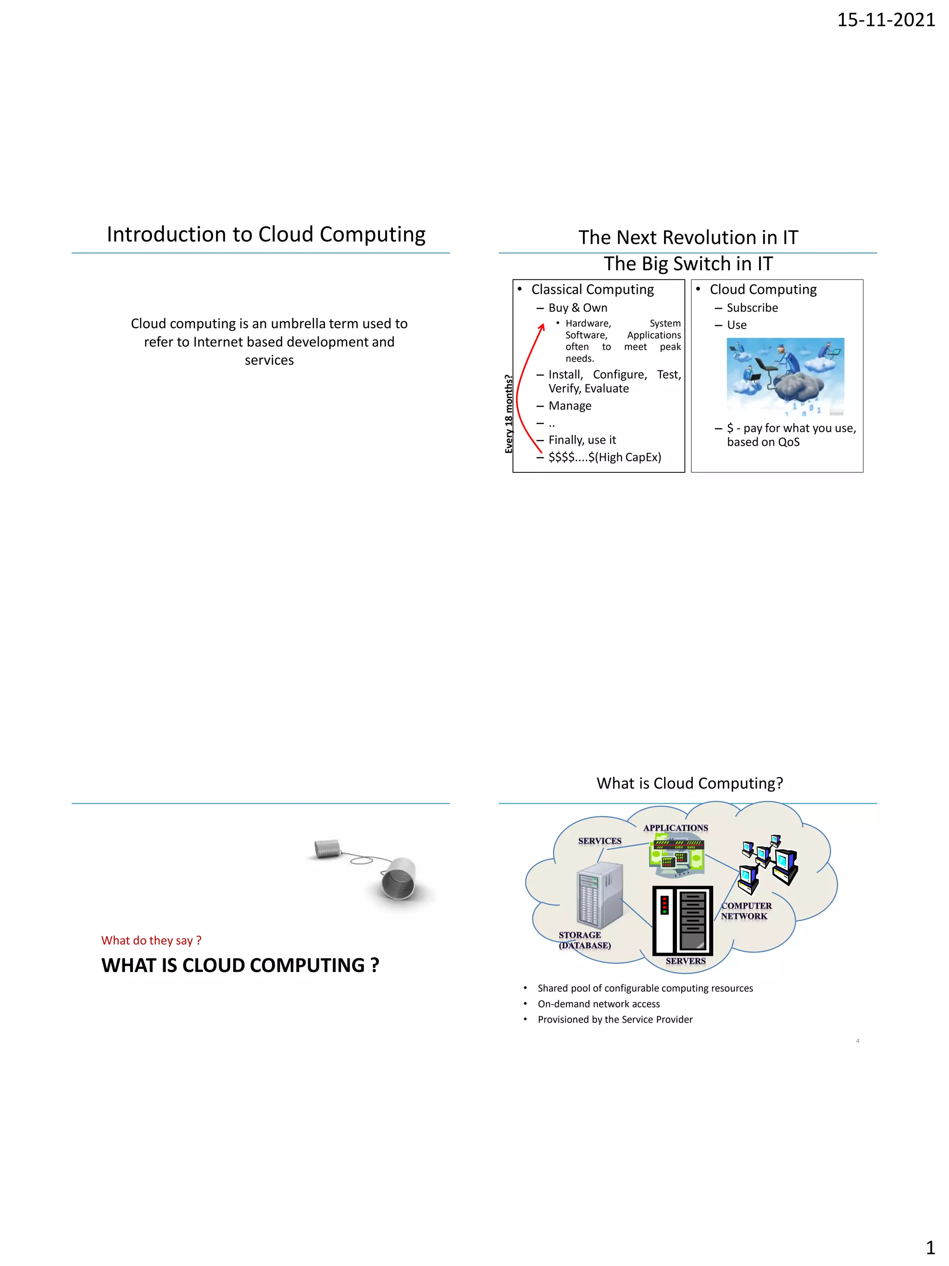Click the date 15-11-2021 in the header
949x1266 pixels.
[886, 20]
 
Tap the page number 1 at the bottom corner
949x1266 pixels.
[930, 1247]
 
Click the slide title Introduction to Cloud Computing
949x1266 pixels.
[266, 234]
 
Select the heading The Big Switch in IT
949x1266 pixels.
[688, 264]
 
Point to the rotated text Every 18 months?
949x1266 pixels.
[508, 414]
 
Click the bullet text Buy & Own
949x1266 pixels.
[578, 308]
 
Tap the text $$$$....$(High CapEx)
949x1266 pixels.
[605, 457]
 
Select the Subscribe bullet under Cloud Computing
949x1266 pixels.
[752, 308]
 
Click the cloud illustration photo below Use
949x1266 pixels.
[785, 376]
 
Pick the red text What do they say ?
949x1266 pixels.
[151, 940]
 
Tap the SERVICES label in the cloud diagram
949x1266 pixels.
[600, 841]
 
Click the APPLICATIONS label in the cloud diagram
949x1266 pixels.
[675, 827]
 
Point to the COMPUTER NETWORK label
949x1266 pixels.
[746, 910]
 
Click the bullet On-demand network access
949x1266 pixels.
[598, 1004]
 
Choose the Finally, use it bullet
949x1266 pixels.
[582, 440]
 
